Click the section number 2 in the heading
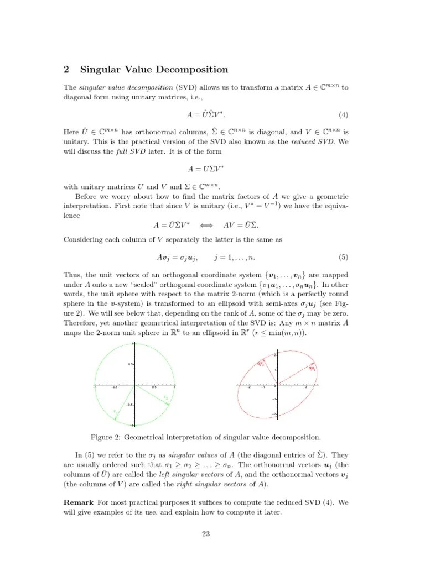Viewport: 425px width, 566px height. point(66,70)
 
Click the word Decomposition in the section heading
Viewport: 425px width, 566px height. point(198,70)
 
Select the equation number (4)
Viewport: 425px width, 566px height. point(343,115)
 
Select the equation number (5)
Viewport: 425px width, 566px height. point(343,258)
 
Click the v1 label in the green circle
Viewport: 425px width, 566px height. point(115,411)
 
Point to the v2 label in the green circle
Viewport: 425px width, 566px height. point(165,397)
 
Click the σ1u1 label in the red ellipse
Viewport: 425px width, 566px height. point(313,368)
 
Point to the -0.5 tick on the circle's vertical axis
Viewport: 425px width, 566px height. point(127,405)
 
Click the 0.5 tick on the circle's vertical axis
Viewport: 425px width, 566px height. point(128,364)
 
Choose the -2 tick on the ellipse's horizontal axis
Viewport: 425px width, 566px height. point(248,388)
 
